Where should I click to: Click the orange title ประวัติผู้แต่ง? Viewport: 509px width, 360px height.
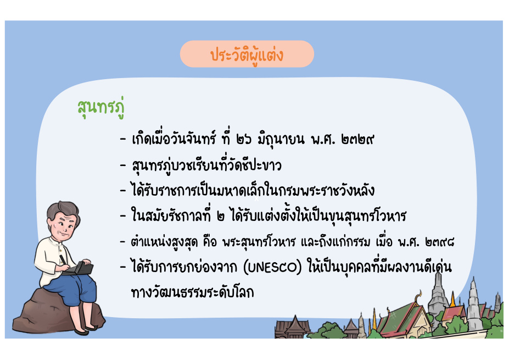point(247,54)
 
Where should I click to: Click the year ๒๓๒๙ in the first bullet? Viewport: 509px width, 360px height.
point(357,140)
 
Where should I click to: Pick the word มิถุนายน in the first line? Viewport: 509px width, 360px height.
point(281,140)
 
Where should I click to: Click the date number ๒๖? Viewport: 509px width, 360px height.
point(244,140)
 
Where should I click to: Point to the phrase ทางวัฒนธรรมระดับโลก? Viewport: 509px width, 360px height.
point(192,292)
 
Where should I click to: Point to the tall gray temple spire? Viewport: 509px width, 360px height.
point(438,294)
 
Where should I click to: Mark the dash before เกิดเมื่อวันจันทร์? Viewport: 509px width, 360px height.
point(122,140)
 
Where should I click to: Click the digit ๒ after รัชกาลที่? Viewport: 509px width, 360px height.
point(221,217)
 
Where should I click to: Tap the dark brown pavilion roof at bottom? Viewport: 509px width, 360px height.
point(294,326)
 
